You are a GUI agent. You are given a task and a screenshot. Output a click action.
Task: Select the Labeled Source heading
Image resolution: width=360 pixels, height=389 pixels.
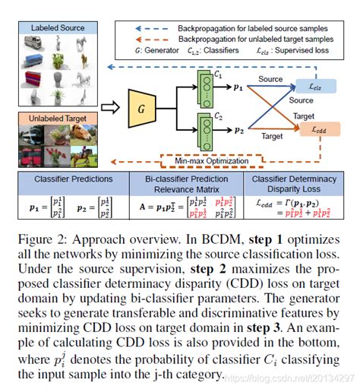pos(58,27)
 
